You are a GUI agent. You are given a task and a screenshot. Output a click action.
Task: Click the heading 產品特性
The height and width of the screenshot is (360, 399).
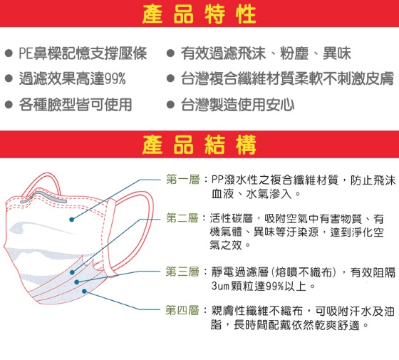[x=199, y=14]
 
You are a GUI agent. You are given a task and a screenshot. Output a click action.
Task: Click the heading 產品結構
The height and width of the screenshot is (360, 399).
[x=199, y=145]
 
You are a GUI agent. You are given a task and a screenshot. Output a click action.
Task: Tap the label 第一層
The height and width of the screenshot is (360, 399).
[x=183, y=180]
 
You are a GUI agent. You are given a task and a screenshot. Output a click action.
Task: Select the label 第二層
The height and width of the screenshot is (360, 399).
[x=182, y=218]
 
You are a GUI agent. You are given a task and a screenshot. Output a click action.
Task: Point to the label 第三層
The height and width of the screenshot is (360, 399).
[x=182, y=272]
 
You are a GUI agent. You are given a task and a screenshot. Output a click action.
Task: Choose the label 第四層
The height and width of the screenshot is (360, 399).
[x=182, y=310]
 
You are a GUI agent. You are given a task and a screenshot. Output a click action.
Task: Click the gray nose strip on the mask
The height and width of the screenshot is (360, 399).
[x=43, y=197]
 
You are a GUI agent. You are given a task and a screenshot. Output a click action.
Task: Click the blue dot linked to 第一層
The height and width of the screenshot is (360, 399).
[x=71, y=220]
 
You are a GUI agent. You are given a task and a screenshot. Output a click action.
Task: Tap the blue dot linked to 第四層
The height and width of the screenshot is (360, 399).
[x=85, y=292]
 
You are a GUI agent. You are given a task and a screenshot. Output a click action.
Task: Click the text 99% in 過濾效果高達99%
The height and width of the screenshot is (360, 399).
[x=115, y=78]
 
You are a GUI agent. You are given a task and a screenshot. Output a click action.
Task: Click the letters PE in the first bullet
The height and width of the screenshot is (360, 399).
[x=26, y=53]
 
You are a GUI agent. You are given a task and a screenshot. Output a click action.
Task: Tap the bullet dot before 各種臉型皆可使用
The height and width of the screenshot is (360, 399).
[x=9, y=104]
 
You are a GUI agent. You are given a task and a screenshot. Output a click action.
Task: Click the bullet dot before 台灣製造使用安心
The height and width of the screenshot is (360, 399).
[x=170, y=104]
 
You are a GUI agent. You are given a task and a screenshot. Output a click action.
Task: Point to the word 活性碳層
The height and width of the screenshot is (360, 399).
[x=232, y=218]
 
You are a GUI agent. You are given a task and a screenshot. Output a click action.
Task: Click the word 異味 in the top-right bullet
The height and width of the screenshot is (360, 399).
[x=337, y=53]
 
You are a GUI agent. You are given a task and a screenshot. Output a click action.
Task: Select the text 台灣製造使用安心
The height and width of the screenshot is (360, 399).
[x=238, y=105]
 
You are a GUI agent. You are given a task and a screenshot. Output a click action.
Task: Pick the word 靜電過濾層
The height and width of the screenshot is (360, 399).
[x=240, y=272]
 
